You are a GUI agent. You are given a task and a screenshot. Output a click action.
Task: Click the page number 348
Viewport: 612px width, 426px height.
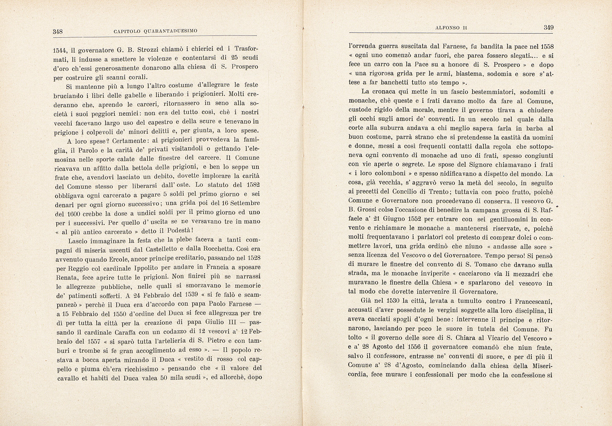58,31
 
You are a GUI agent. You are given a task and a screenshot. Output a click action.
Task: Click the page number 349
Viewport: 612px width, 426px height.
549,28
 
